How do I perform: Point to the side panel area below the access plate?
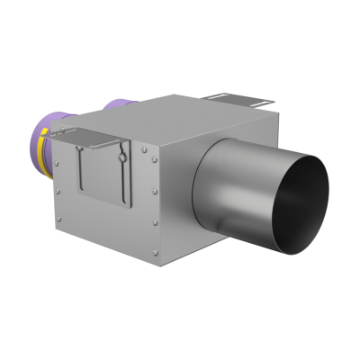click(103, 220)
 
